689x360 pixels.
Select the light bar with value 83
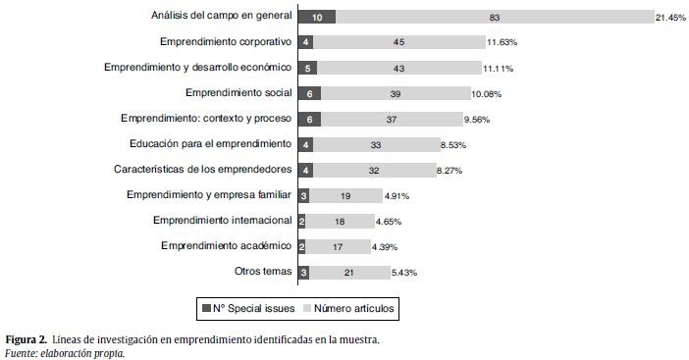tap(495, 17)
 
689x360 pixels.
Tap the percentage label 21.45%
tap(671, 17)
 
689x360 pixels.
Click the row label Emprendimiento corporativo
tap(224, 42)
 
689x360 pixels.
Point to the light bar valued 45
tap(398, 42)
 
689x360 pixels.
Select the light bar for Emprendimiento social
tap(395, 93)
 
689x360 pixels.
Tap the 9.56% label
tap(477, 119)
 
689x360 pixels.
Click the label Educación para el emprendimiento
tap(210, 144)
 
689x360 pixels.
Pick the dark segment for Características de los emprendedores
tap(306, 170)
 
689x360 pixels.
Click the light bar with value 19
tap(344, 195)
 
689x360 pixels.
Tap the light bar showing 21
tap(348, 272)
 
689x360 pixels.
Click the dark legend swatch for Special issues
tap(206, 308)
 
